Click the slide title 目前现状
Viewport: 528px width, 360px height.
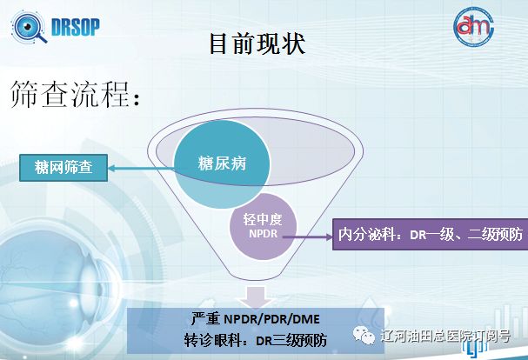(x=257, y=43)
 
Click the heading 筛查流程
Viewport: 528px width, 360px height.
(x=75, y=94)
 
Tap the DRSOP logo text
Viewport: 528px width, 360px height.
(x=76, y=27)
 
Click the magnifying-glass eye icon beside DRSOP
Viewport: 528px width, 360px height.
(x=30, y=27)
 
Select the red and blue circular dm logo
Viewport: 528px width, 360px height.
(x=473, y=27)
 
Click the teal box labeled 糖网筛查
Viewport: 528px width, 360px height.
(x=63, y=168)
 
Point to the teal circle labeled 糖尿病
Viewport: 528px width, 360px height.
(x=222, y=164)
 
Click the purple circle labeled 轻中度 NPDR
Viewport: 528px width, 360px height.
(x=263, y=227)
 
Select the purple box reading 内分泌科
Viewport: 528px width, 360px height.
(x=430, y=235)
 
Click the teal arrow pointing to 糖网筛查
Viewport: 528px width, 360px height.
(x=142, y=168)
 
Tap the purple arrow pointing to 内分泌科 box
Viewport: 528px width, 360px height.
(x=307, y=237)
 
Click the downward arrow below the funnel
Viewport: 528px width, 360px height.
(x=256, y=297)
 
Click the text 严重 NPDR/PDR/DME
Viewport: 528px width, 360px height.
(x=256, y=318)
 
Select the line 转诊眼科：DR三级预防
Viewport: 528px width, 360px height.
(x=256, y=341)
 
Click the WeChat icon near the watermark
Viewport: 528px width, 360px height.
(x=364, y=337)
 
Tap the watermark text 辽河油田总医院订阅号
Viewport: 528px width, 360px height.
(x=445, y=337)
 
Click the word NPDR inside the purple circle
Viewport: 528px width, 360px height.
(x=263, y=234)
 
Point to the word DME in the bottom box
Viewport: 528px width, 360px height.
(x=306, y=319)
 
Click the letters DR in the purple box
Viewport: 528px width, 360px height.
(x=418, y=235)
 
